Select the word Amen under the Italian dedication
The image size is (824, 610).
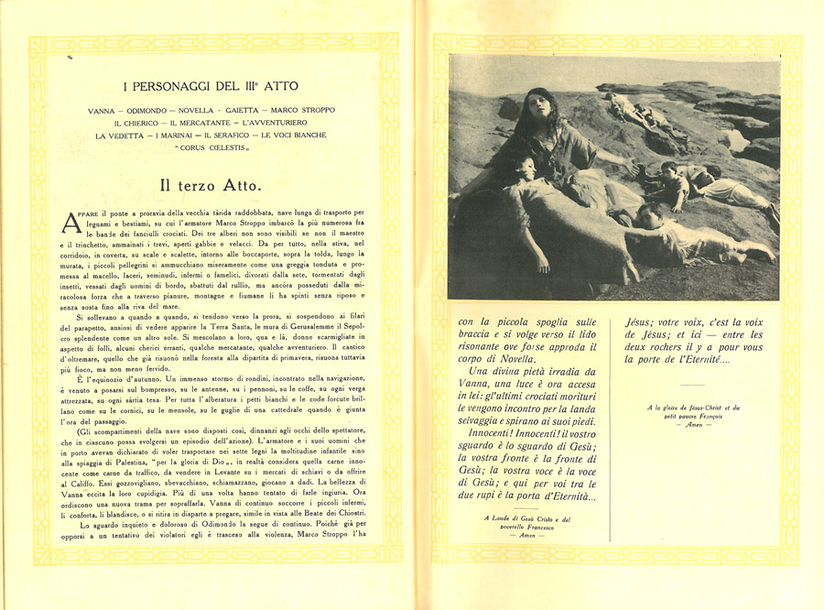tap(526, 537)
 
